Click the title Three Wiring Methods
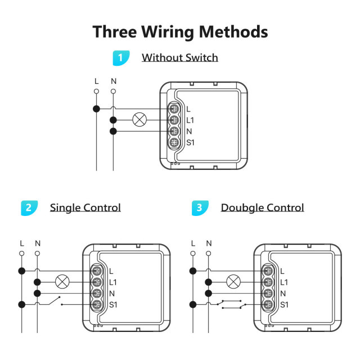180,31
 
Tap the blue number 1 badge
120,57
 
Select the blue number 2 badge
29,208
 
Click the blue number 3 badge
200,208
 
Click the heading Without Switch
179,57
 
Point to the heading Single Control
85,208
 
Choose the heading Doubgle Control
262,208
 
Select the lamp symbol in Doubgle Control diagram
233,282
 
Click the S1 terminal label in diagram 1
190,143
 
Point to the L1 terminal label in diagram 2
113,282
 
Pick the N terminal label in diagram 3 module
283,294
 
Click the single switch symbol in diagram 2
53,302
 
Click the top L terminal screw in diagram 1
174,109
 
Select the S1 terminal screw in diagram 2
97,305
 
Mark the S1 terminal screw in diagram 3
268,305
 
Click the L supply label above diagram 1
96,81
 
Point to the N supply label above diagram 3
209,243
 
